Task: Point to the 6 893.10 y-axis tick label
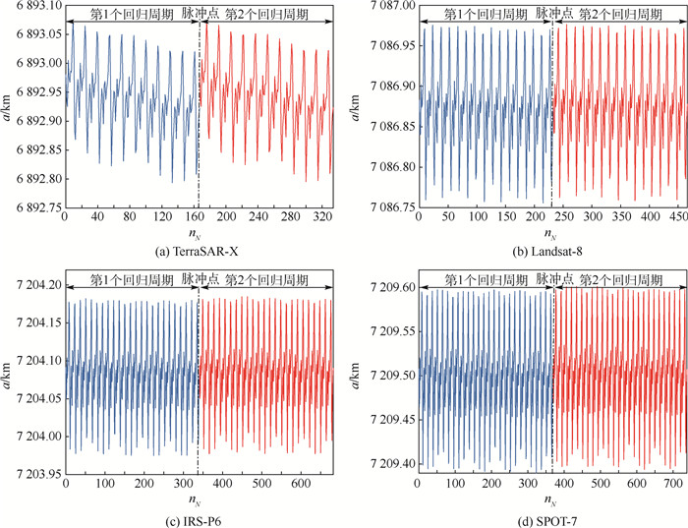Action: (31, 6)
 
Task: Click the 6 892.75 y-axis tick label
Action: (31, 207)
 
